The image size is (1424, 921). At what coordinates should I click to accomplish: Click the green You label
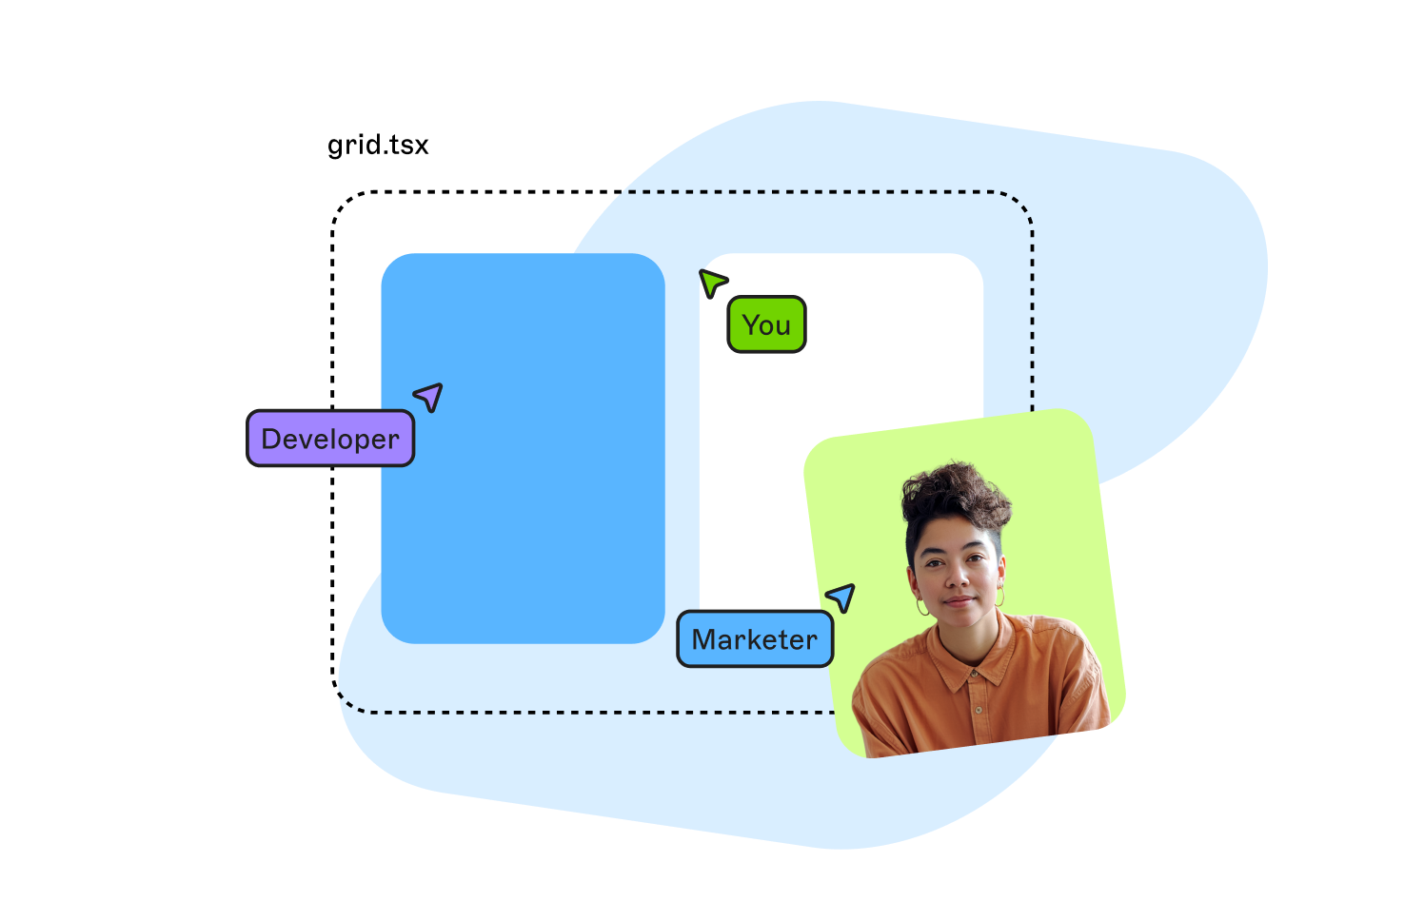click(x=766, y=324)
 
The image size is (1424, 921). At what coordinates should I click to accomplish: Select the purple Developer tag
click(x=330, y=439)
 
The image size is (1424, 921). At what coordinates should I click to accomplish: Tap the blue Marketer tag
click(x=755, y=639)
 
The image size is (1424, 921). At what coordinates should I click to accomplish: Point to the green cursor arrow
click(x=711, y=282)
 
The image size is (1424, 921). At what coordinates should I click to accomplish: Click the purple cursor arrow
click(x=430, y=396)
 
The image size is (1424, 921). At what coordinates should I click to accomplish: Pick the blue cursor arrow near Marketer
click(x=842, y=597)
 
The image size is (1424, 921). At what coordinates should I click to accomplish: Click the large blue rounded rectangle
click(x=523, y=447)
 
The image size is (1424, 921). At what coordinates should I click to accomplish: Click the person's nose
click(x=958, y=577)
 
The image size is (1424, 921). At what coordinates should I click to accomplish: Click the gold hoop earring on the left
click(x=921, y=606)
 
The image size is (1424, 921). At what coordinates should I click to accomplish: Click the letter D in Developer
click(x=270, y=439)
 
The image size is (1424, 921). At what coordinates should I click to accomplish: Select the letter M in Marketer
click(x=704, y=639)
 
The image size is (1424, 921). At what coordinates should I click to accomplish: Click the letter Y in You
click(x=752, y=324)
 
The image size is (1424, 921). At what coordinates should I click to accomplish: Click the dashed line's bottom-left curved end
click(x=345, y=702)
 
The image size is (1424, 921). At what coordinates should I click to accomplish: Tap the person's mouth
click(x=959, y=600)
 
